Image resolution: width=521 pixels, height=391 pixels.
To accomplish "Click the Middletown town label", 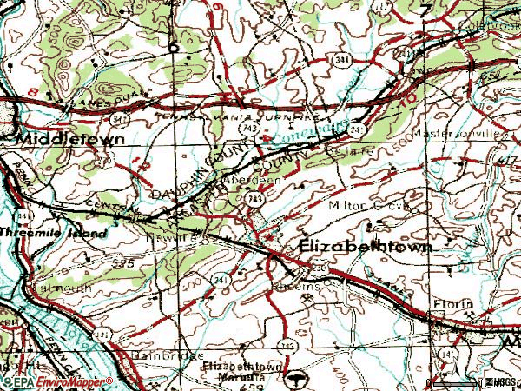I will tap(68, 138).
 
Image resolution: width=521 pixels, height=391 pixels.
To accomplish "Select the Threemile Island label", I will tap(54, 234).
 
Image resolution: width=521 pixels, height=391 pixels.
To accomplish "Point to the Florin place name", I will tap(455, 303).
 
